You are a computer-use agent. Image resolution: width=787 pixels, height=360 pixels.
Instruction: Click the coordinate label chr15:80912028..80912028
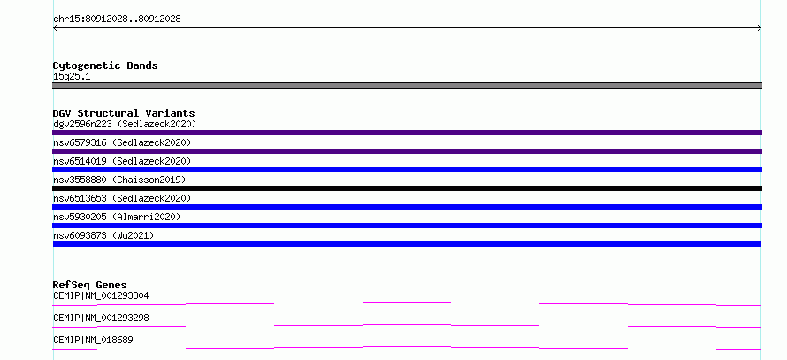117,19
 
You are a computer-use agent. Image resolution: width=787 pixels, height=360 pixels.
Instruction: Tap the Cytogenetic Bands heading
105,65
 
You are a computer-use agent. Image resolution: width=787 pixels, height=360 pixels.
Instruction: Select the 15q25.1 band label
72,77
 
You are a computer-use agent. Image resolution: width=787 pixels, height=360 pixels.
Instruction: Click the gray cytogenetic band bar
407,86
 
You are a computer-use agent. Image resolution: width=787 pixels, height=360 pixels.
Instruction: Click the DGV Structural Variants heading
124,113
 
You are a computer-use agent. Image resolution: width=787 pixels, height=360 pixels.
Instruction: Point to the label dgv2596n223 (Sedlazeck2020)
125,124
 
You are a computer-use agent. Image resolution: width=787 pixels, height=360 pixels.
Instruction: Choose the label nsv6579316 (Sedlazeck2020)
122,142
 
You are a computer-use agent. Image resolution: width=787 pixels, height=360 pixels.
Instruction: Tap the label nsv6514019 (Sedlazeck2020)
122,161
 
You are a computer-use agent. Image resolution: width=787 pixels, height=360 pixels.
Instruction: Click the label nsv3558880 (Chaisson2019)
119,180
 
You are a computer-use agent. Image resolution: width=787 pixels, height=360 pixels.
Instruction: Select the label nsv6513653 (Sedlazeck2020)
122,198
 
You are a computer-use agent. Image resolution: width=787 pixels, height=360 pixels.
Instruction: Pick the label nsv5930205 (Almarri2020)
117,217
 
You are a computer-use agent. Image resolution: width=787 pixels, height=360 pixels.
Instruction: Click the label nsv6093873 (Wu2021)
103,235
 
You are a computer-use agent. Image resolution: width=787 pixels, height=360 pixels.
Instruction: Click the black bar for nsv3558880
407,188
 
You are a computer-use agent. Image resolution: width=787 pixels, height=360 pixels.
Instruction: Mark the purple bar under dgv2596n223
407,133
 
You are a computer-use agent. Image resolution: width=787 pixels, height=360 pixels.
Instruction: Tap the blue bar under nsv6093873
407,244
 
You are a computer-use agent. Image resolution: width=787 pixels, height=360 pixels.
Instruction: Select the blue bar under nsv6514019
407,170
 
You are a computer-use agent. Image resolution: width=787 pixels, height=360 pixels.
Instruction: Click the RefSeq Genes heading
90,285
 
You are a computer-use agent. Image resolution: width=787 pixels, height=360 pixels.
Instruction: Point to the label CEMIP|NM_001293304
101,295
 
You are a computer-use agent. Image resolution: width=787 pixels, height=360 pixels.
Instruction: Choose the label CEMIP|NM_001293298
101,318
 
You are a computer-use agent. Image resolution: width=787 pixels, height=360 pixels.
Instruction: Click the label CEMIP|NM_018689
93,340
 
